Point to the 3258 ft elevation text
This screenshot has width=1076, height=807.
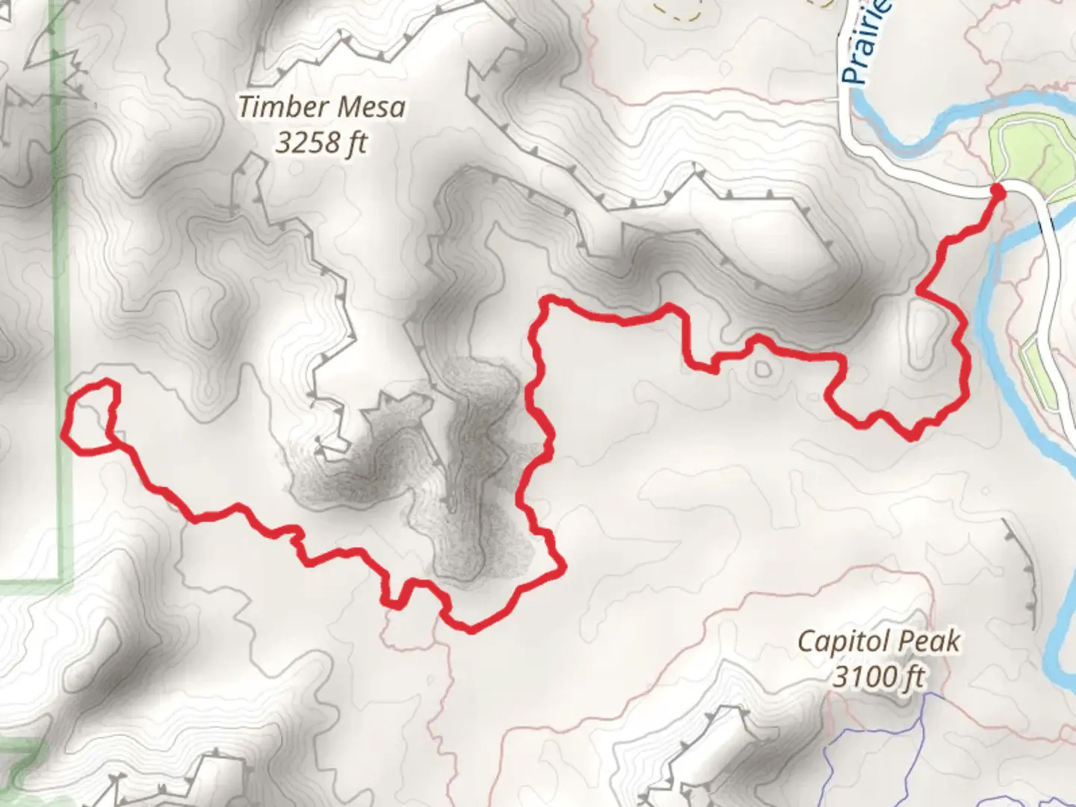point(321,142)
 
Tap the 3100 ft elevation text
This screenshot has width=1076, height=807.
point(879,677)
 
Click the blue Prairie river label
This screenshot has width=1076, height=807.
point(867,45)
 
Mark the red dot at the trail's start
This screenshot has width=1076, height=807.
point(997,192)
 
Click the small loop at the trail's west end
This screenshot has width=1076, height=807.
point(91,416)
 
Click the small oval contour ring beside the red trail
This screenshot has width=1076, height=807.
point(762,369)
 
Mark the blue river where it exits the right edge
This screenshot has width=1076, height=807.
point(1069,658)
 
